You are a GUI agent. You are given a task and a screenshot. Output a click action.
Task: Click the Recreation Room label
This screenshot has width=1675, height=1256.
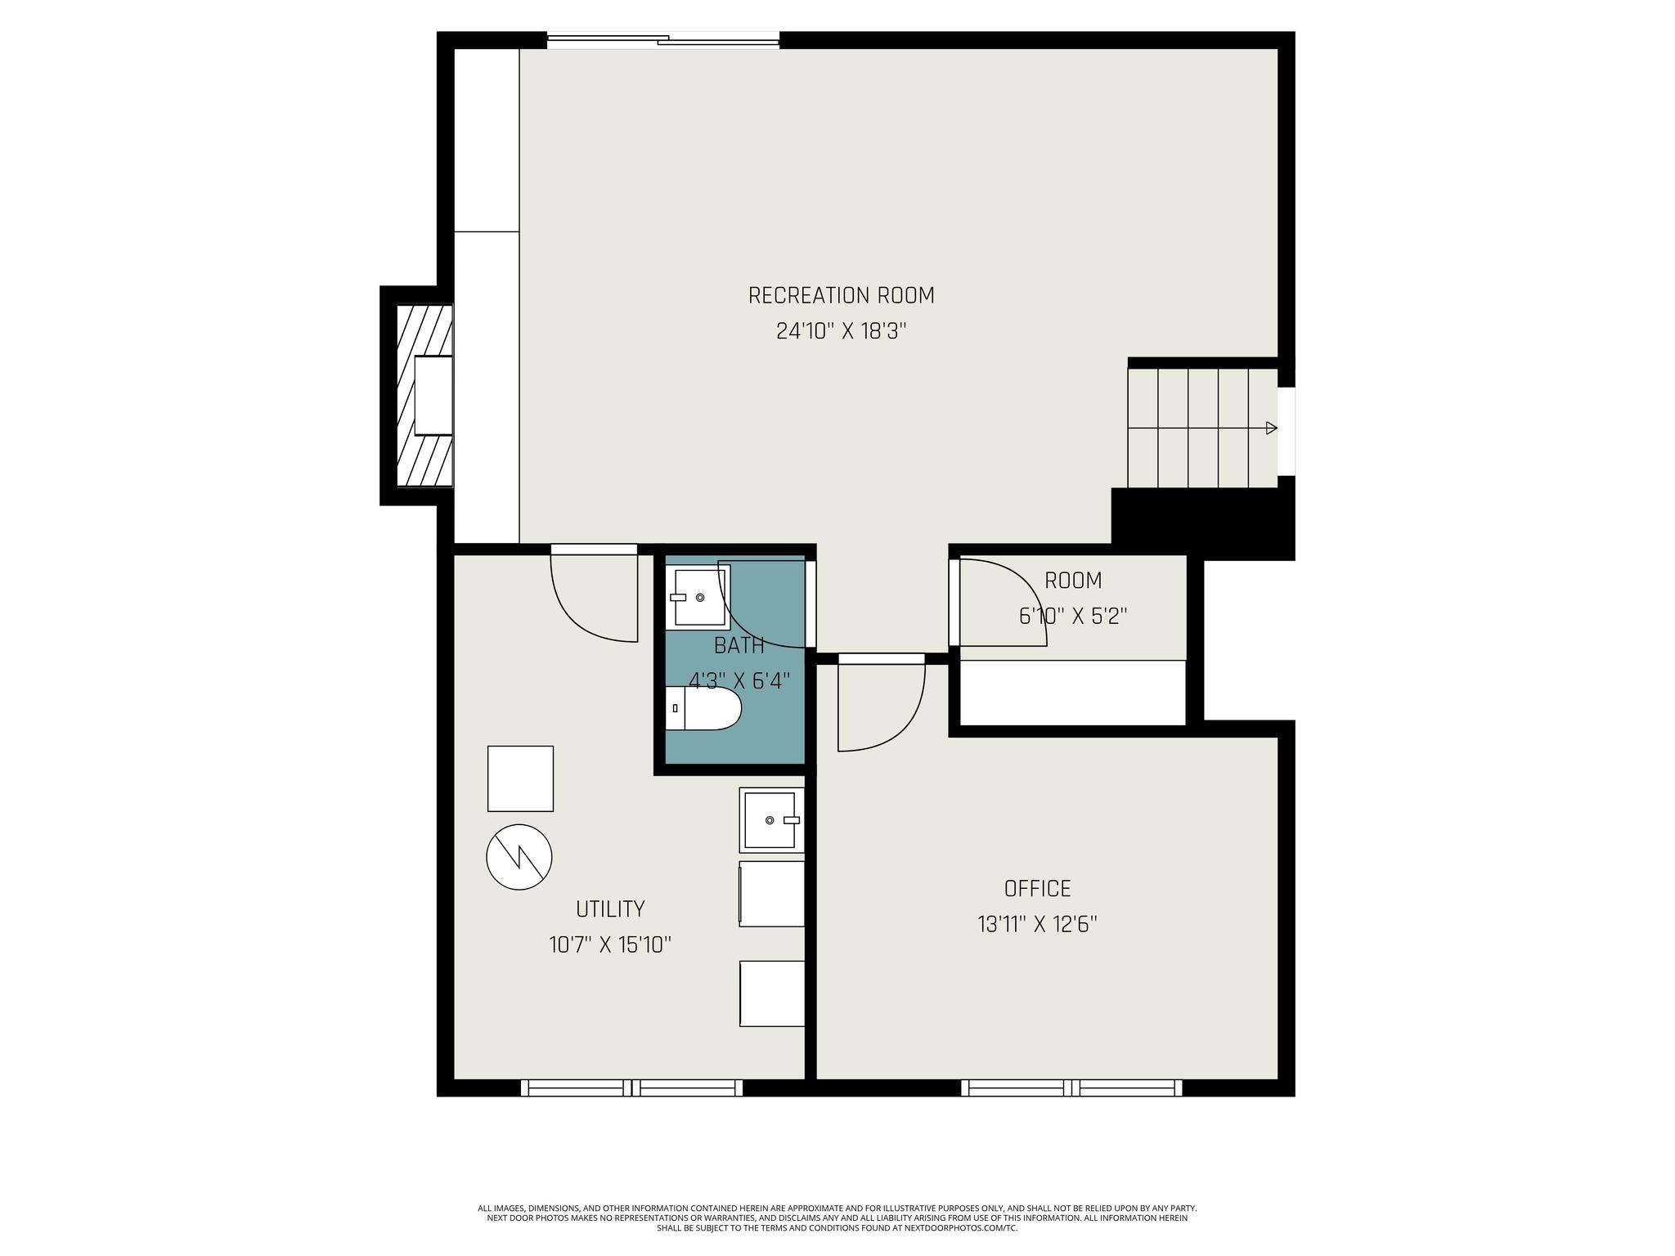coord(841,295)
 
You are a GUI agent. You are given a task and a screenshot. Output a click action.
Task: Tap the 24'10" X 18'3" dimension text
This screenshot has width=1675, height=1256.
coord(842,331)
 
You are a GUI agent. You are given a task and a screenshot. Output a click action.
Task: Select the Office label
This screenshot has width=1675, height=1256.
coord(1037,888)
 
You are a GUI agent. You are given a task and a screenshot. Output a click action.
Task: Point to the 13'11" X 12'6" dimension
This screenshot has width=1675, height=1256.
coord(1037,924)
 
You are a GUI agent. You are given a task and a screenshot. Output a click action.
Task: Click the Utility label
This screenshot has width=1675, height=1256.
coord(610,908)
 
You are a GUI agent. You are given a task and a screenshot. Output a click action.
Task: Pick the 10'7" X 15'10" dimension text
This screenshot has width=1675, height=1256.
coord(610,945)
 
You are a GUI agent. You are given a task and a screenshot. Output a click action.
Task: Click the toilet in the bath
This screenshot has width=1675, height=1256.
coord(703,708)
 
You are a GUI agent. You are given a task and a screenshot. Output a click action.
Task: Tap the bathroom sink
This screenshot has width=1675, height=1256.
coord(698,595)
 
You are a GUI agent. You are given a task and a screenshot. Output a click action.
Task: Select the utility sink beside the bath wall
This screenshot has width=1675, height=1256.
coord(771,819)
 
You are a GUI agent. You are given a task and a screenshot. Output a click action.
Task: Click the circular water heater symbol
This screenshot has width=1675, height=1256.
coord(519,857)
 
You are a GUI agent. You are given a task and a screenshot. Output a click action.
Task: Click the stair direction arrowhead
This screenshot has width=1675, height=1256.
coord(1271,428)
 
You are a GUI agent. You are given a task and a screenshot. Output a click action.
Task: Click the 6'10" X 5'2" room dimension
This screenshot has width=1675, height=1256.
coord(1073,616)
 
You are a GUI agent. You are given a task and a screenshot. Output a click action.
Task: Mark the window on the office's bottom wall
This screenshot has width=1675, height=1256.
coord(1071,1088)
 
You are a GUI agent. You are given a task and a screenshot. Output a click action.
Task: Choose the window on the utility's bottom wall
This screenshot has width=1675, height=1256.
coord(631,1088)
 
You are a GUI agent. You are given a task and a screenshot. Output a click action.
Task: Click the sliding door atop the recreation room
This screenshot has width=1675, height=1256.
coord(663,40)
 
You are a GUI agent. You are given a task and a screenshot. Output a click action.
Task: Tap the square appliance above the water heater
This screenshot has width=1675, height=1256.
coord(520,778)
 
